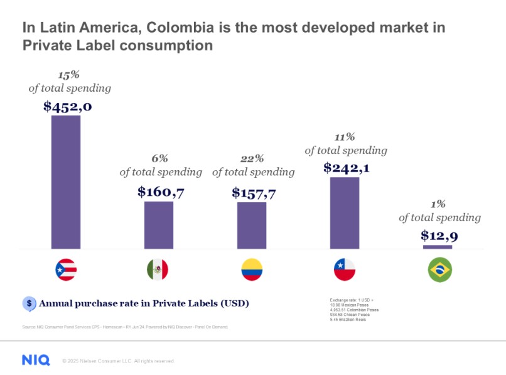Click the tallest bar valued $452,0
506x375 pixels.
click(66, 182)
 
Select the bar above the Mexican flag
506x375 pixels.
click(159, 224)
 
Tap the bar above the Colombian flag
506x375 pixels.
click(252, 225)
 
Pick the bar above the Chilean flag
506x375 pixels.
click(345, 212)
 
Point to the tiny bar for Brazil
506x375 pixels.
click(438, 247)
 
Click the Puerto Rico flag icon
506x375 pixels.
click(66, 270)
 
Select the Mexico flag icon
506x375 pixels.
click(158, 270)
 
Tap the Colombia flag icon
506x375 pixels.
click(252, 270)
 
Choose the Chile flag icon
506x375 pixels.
click(345, 270)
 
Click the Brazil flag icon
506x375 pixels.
click(439, 270)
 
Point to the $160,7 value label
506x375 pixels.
click(161, 192)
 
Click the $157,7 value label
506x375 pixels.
click(254, 192)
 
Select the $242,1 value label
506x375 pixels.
click(346, 168)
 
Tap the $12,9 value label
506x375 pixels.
click(439, 236)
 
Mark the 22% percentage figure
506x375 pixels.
click(253, 159)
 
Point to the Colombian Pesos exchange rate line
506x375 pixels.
click(354, 310)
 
